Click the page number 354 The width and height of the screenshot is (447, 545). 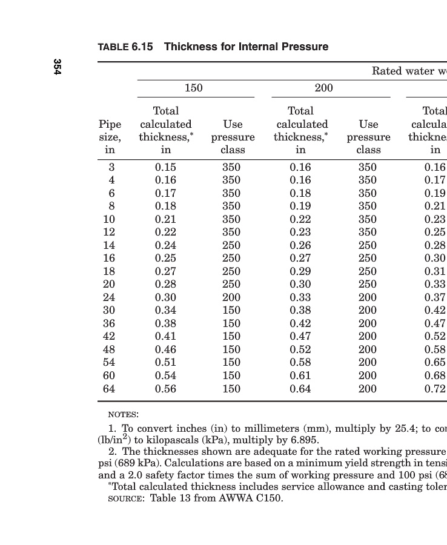(57, 67)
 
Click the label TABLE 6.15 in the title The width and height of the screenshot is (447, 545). (125, 47)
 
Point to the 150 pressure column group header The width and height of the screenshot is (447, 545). (193, 88)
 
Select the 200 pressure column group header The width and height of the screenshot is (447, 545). (324, 88)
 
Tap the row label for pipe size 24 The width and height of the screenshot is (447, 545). (109, 297)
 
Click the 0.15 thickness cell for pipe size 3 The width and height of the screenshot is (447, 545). (165, 167)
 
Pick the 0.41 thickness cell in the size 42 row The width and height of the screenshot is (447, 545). (165, 336)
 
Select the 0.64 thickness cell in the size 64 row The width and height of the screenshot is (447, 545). (300, 389)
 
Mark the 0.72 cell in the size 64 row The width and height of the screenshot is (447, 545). (435, 389)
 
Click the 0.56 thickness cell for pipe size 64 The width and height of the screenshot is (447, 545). (165, 389)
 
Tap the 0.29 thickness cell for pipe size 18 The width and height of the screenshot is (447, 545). (300, 271)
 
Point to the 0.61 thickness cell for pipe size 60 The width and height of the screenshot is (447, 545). (300, 375)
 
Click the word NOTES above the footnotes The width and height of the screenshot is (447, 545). (123, 415)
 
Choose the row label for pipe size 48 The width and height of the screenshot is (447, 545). (109, 349)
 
